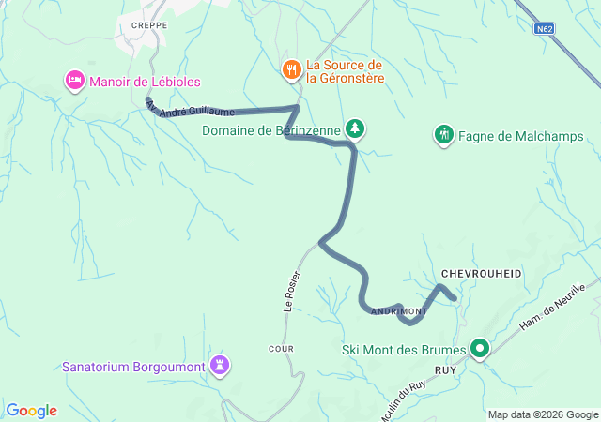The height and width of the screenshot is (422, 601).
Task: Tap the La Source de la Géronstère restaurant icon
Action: [293, 69]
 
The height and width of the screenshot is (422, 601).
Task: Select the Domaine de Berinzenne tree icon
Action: [355, 128]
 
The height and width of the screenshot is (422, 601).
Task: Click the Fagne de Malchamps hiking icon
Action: [444, 136]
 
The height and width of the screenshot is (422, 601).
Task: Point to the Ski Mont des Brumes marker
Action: [481, 350]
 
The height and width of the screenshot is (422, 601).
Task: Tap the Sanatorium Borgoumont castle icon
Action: [220, 365]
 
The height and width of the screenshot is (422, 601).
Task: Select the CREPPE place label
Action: [149, 26]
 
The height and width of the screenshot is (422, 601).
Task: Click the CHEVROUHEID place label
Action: [480, 273]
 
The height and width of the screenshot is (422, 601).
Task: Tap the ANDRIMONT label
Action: [398, 311]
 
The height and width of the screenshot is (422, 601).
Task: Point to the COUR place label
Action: [281, 349]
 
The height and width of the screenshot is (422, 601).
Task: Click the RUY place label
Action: [445, 369]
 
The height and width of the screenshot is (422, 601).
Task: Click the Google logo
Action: [31, 411]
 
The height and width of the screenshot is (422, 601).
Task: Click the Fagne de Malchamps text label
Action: [521, 136]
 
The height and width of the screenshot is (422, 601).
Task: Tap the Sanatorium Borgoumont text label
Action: [134, 366]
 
